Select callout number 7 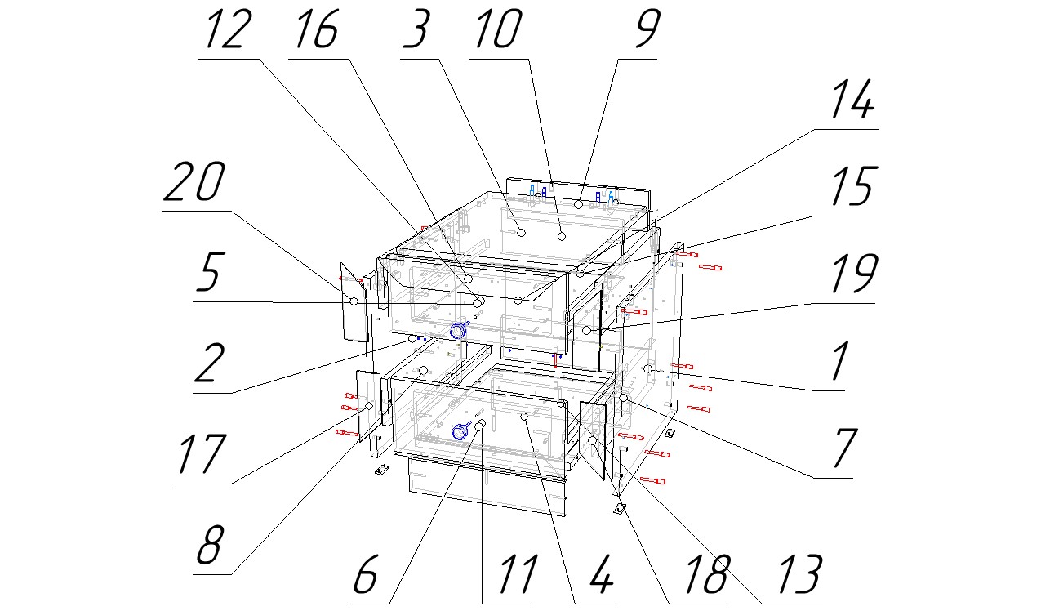837,450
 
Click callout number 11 509,577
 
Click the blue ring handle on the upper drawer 457,330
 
